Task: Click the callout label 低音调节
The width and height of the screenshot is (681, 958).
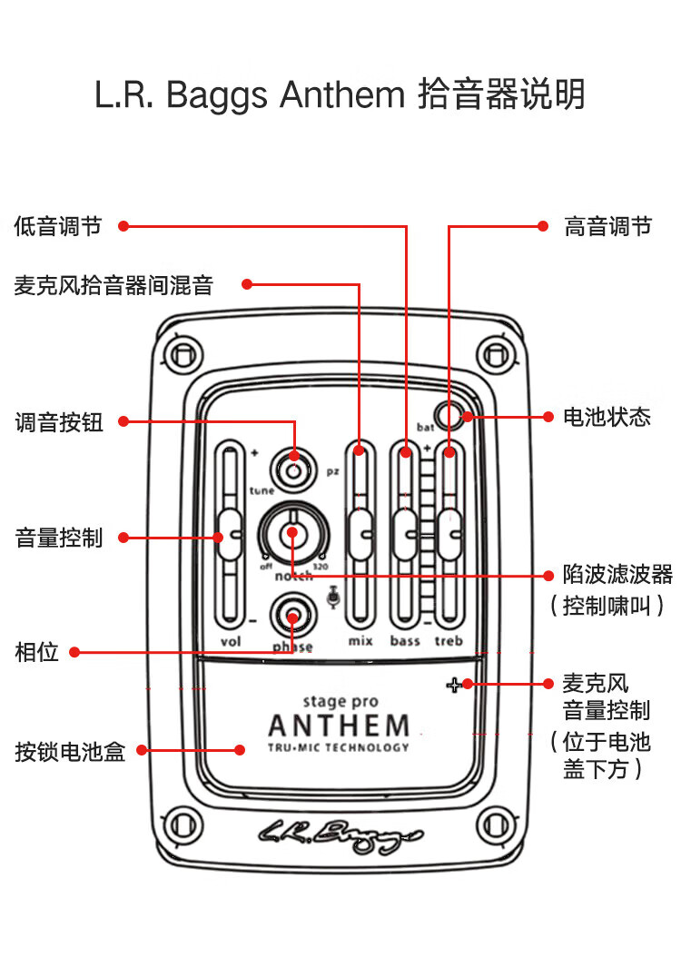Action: [x=58, y=226]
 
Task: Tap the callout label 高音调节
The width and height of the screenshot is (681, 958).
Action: [x=607, y=226]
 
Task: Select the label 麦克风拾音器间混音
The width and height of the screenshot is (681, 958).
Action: [x=113, y=285]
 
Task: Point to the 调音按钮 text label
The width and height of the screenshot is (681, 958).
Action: [x=59, y=422]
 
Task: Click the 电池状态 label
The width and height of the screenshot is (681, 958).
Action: [x=607, y=418]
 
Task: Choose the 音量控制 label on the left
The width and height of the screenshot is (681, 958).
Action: [x=59, y=538]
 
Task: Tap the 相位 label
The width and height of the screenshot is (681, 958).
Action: [x=36, y=652]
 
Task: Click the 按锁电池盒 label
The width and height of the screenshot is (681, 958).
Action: [x=70, y=751]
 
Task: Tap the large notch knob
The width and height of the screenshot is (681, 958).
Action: [x=292, y=534]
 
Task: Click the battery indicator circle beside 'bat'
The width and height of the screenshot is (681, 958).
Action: [x=447, y=415]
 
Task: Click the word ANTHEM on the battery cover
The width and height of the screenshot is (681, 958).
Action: [x=339, y=726]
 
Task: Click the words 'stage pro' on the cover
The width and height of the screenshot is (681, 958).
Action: [x=340, y=701]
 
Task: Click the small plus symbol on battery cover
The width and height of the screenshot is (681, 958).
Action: [x=453, y=685]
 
